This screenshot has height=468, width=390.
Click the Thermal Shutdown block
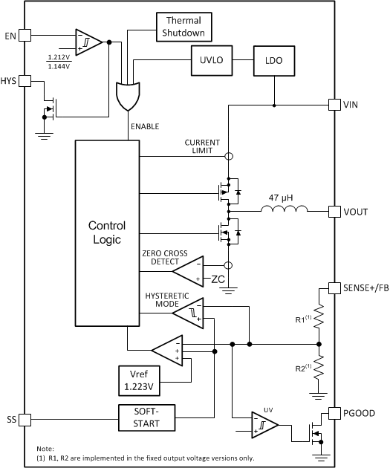(x=183, y=27)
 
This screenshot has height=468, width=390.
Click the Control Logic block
(x=106, y=231)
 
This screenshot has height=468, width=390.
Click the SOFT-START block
(x=148, y=417)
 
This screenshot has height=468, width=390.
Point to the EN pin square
(x=25, y=35)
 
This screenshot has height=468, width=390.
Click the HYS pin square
(x=25, y=80)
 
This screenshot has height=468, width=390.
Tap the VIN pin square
(x=334, y=105)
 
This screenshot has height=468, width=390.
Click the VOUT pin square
(x=334, y=211)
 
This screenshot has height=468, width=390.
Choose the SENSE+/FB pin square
(x=334, y=287)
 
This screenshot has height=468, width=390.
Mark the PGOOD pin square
(x=334, y=412)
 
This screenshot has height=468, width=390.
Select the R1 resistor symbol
(x=319, y=319)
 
